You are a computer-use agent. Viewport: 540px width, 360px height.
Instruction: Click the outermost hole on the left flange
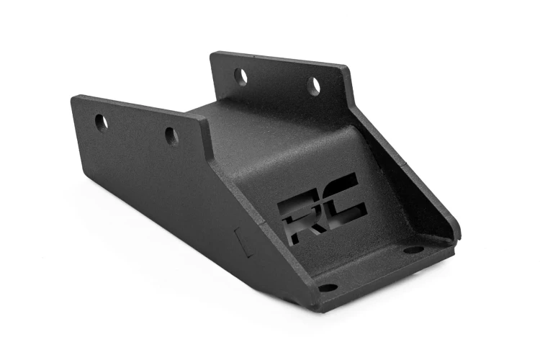tap(102, 121)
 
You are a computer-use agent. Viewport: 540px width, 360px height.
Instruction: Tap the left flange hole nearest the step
tap(171, 135)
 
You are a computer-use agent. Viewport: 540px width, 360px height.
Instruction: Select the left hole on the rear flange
tap(241, 75)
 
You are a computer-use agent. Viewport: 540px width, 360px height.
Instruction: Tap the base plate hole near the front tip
tap(328, 287)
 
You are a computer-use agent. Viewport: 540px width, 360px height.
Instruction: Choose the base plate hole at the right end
tap(413, 249)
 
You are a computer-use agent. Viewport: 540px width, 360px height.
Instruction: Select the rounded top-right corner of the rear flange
tap(348, 70)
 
